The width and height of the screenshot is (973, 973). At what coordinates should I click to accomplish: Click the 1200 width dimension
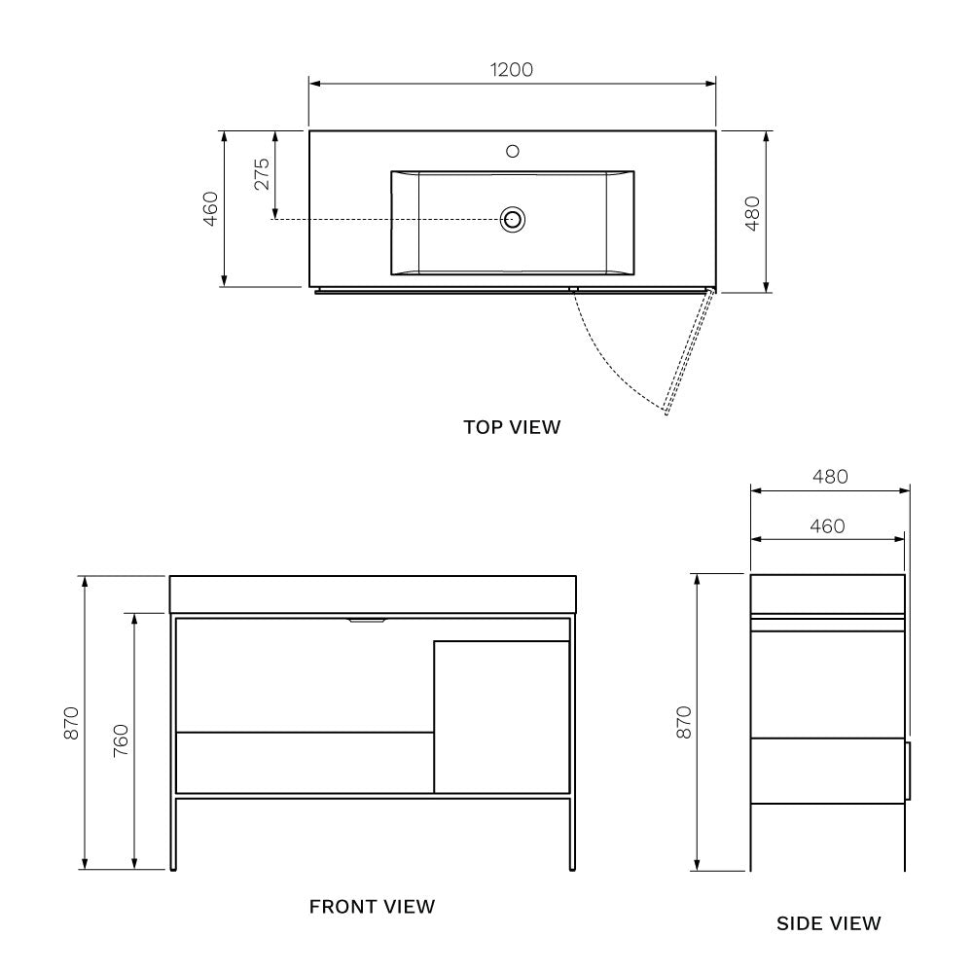point(512,70)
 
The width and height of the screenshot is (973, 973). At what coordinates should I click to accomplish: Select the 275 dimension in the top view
point(262,175)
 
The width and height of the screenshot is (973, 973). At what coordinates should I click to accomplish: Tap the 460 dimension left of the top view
point(210,208)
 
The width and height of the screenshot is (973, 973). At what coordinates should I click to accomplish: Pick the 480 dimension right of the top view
point(751,212)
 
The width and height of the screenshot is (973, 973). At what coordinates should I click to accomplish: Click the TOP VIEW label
point(512,426)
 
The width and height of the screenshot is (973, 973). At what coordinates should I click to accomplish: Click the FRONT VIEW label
point(372,907)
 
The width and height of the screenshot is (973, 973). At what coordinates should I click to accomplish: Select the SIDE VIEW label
point(828,922)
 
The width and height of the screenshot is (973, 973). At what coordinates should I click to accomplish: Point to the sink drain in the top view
point(513,219)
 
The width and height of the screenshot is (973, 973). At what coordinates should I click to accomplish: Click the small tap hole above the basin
point(513,151)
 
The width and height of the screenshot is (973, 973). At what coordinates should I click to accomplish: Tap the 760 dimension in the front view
point(120,741)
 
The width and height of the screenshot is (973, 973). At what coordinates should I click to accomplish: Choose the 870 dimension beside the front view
point(70,722)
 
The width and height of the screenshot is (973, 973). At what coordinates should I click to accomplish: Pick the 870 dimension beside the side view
point(684,722)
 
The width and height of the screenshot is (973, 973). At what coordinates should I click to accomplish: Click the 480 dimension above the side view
point(829,477)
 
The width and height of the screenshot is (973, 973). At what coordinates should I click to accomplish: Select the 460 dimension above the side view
point(826,526)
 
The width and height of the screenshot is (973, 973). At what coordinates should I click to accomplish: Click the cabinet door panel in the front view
point(501,716)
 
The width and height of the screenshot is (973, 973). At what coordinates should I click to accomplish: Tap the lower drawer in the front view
point(305,762)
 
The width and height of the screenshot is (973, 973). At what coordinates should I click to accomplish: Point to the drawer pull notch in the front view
point(367,620)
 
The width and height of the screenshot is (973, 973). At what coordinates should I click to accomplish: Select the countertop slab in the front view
point(373,594)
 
